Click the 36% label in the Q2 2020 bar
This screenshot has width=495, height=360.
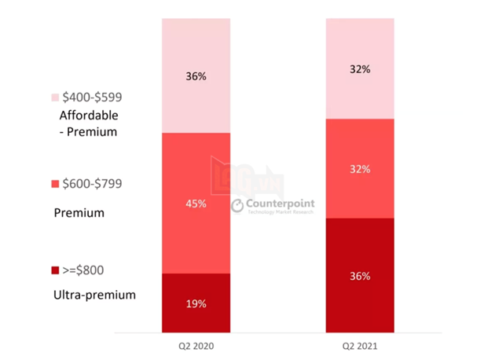tap(196, 76)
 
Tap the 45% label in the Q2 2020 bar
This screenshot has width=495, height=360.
tap(196, 204)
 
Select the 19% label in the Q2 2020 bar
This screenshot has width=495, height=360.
tap(196, 303)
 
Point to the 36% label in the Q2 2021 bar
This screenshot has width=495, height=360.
tap(361, 276)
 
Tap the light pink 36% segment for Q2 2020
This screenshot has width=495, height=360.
tap(196, 102)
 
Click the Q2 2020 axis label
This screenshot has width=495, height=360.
tap(196, 346)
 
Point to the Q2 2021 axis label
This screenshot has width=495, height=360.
tap(361, 346)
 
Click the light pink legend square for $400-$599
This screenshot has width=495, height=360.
tap(55, 97)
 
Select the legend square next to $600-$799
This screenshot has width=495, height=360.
tap(55, 184)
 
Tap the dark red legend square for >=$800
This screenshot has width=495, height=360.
tap(55, 270)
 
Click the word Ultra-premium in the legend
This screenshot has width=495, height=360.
tap(93, 295)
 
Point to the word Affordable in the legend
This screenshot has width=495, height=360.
tap(88, 116)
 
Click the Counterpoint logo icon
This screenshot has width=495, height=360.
tap(237, 206)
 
